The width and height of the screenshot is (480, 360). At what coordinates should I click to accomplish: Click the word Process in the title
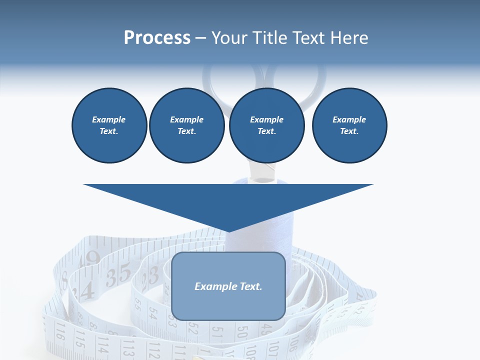click(157, 38)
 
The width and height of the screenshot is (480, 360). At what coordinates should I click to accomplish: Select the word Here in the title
click(347, 38)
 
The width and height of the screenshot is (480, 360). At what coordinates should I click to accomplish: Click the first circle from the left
click(109, 125)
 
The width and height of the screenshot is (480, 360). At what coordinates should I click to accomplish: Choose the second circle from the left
click(187, 125)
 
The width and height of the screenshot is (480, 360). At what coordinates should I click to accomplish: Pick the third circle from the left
click(267, 125)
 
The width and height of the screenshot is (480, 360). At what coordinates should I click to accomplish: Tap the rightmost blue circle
click(349, 125)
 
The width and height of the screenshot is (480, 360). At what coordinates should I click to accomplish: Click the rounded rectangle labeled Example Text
click(228, 286)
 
